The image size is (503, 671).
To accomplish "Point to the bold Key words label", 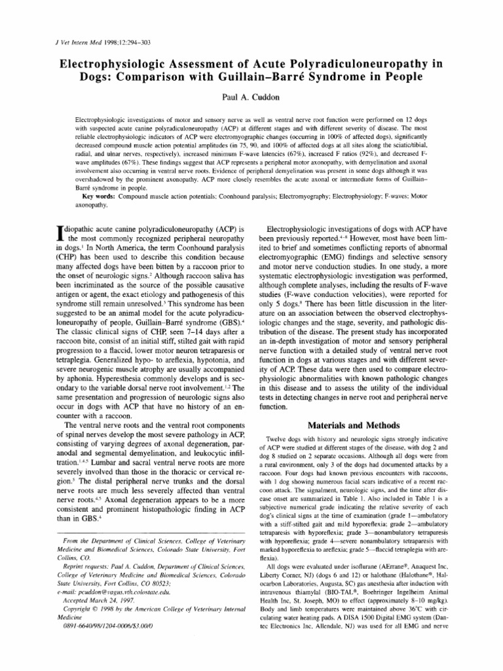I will [101, 197].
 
